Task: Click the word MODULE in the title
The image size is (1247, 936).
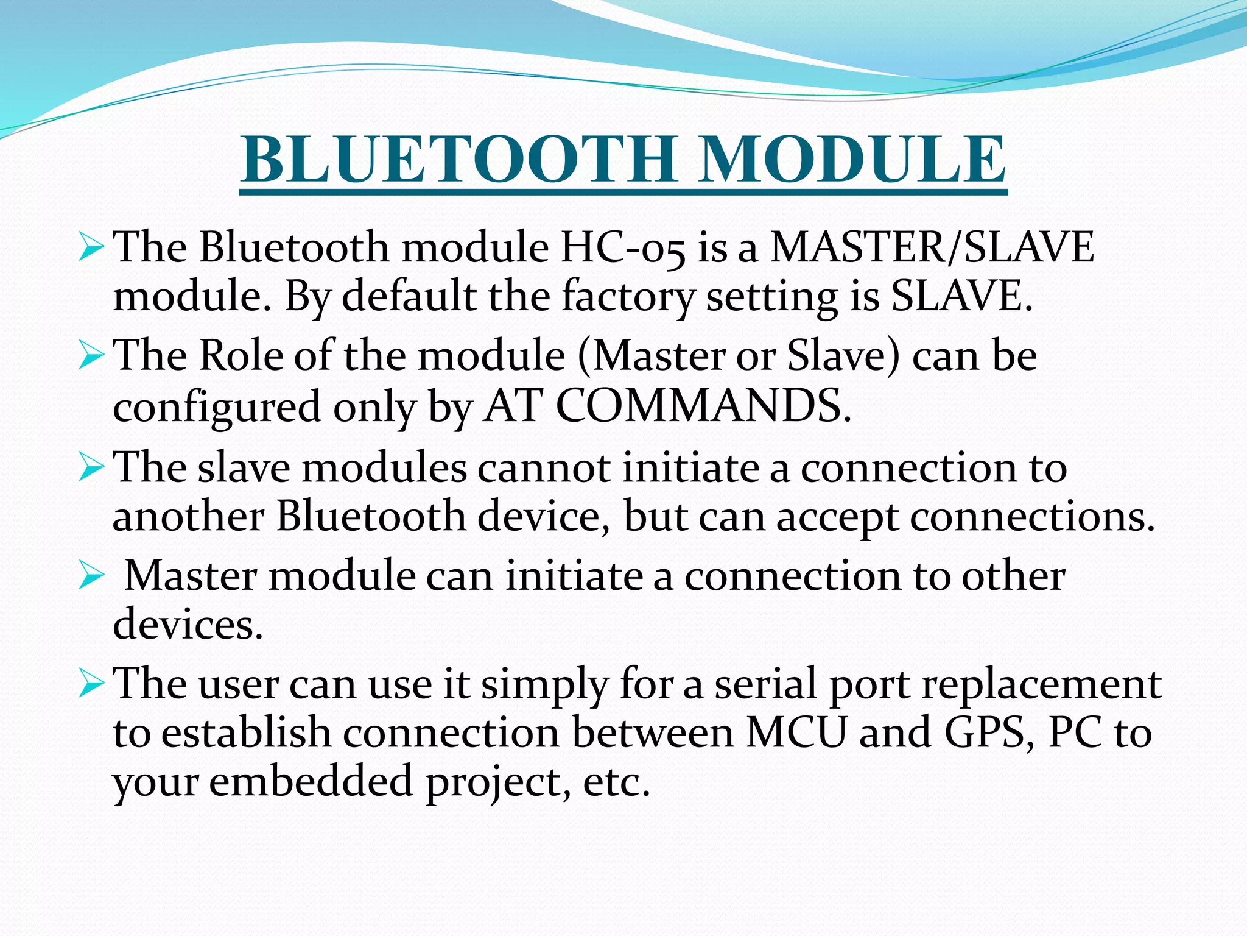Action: pyautogui.click(x=852, y=159)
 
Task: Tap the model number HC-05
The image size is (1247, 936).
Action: pyautogui.click(x=622, y=249)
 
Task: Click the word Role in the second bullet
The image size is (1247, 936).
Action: pyautogui.click(x=241, y=355)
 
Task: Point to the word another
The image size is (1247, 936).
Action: pyautogui.click(x=188, y=517)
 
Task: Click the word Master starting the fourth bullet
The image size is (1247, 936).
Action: pyautogui.click(x=191, y=575)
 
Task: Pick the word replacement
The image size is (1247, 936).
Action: pyautogui.click(x=1041, y=684)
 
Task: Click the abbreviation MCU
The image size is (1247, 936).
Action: pyautogui.click(x=796, y=733)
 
